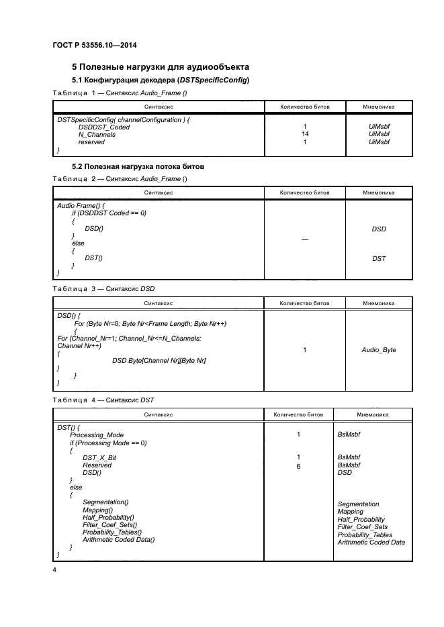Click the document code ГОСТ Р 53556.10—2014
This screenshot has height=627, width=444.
[x=99, y=46]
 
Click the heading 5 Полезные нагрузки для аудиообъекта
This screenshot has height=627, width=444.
[x=161, y=67]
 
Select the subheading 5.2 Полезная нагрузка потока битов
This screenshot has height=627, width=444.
[x=138, y=166]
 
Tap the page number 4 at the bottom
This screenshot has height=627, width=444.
[x=54, y=569]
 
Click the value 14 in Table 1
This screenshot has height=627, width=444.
[x=304, y=134]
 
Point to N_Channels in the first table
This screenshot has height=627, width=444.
[x=96, y=134]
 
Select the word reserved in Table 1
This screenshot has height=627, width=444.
[x=91, y=142]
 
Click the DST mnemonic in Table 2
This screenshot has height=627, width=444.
[x=379, y=259]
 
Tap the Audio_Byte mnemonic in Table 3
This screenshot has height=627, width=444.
[x=379, y=350]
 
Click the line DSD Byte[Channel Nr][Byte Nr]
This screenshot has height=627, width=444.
[x=159, y=361]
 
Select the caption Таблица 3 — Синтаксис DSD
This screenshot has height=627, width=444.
[x=103, y=288]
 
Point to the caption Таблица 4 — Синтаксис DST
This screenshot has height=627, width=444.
[x=103, y=400]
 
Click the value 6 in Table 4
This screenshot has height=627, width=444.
[x=298, y=465]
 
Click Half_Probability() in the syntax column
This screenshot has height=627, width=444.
[x=108, y=517]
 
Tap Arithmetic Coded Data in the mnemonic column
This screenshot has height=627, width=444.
[x=371, y=543]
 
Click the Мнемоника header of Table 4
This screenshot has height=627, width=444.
[x=373, y=414]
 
